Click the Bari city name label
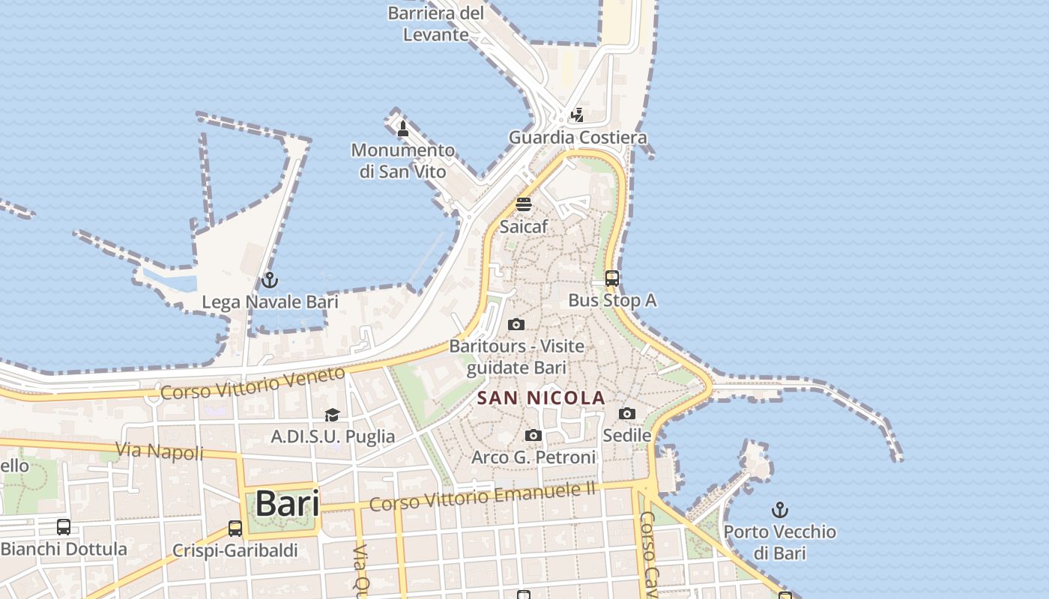click(287, 504)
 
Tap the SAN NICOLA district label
click(541, 398)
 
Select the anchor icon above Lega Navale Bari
click(269, 281)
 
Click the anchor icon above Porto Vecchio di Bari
click(780, 511)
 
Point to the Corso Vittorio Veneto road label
click(253, 383)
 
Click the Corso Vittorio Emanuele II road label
click(483, 496)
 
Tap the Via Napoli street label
click(160, 451)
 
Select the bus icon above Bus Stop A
click(612, 279)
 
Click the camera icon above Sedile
click(627, 414)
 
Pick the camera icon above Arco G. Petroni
click(533, 435)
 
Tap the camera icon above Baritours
click(516, 324)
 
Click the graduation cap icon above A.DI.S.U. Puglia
click(332, 415)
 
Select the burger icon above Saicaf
click(524, 204)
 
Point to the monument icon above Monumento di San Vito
click(403, 128)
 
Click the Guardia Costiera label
click(578, 138)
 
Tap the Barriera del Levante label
click(436, 23)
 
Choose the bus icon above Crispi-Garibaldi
click(235, 529)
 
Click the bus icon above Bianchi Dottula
click(64, 527)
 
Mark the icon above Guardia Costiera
click(577, 115)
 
